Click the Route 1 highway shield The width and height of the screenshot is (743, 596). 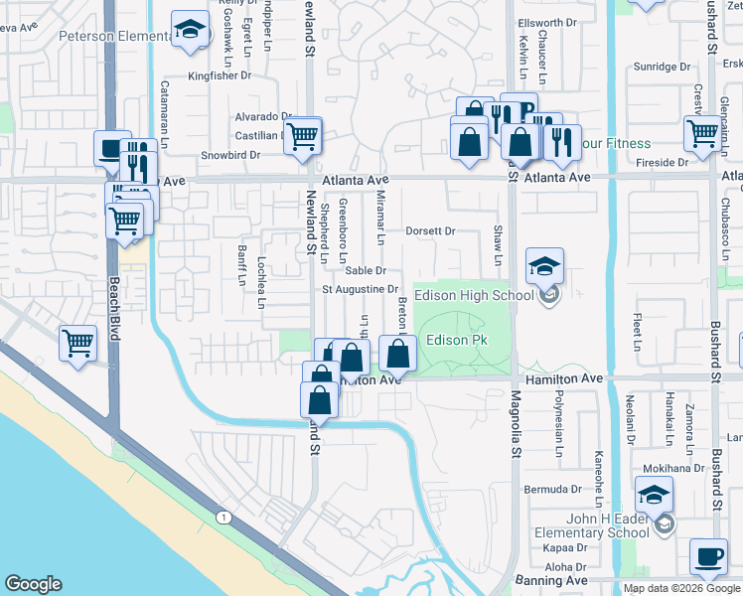point(222,518)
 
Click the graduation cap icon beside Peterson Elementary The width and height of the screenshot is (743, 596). point(188,30)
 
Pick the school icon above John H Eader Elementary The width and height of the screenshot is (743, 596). point(654,495)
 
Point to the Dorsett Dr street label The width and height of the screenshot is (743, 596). point(429,230)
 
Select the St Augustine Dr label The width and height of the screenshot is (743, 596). point(360,289)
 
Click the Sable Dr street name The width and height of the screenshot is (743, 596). point(365,270)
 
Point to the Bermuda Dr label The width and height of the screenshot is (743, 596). point(554,489)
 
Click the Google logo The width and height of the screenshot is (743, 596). point(33,584)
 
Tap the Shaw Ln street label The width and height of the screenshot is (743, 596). point(498,245)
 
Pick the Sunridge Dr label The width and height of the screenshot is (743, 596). point(662,68)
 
